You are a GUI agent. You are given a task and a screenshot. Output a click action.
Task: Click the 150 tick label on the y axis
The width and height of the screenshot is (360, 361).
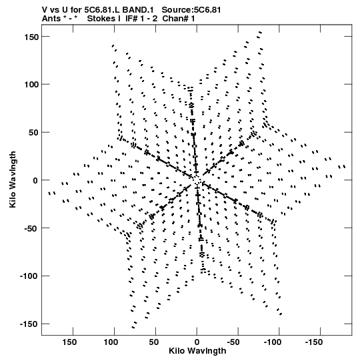(31, 37)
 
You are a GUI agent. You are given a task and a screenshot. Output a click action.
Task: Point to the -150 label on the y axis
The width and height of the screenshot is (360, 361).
(29, 324)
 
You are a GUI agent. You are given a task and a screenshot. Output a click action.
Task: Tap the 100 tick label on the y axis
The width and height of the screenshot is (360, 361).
(31, 85)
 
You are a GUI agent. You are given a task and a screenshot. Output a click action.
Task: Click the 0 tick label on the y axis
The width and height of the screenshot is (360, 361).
(35, 180)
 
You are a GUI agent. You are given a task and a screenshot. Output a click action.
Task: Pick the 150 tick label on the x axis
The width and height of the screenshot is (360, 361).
(69, 342)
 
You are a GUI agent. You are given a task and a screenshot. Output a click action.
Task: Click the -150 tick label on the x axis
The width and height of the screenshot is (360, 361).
(314, 342)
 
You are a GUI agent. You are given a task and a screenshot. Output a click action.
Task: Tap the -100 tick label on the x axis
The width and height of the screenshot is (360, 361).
(273, 342)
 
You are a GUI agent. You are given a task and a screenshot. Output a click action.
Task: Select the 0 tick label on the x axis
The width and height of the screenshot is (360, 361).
(197, 342)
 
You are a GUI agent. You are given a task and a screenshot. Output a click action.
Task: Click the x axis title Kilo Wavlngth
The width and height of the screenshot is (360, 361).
(197, 351)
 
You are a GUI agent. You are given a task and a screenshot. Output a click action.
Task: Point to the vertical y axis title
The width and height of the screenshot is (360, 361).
(13, 179)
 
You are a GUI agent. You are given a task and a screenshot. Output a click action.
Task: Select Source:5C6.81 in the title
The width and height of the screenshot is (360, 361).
(191, 10)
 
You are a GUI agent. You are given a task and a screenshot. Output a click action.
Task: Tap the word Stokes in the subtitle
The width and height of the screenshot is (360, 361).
(101, 19)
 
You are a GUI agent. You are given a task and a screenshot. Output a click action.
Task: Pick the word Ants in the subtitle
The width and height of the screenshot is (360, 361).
(51, 19)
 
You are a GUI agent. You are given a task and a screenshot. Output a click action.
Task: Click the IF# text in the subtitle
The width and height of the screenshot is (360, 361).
(131, 19)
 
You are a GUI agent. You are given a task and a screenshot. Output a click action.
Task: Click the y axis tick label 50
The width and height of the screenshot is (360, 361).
(33, 133)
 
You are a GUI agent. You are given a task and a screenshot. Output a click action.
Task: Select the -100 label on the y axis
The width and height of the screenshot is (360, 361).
(29, 276)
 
